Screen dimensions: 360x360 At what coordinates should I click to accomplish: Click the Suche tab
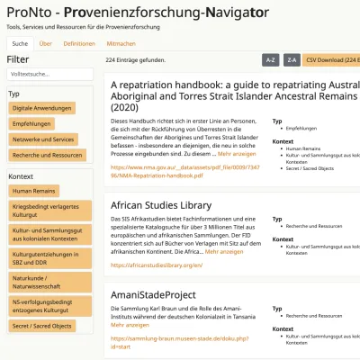click(x=19, y=43)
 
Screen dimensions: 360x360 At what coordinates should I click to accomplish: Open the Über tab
click(x=45, y=43)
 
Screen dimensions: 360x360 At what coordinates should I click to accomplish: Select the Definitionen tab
click(x=79, y=43)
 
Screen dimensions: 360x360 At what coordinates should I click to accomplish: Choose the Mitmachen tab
click(x=121, y=43)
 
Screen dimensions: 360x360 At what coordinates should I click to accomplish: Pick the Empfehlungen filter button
click(x=32, y=123)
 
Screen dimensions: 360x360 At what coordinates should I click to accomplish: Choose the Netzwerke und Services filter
click(x=44, y=139)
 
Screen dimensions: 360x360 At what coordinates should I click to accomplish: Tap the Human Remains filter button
click(x=34, y=191)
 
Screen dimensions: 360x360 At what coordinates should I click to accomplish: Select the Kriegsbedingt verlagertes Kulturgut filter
click(x=47, y=211)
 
